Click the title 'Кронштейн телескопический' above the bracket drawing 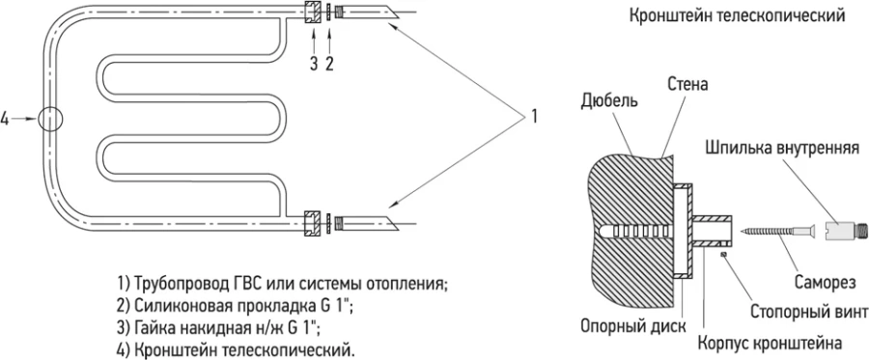[737, 16]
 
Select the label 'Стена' [687, 85]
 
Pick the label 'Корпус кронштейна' [769, 343]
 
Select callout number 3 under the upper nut [313, 64]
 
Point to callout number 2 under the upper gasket [330, 64]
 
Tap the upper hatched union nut [313, 14]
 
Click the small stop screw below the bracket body [723, 256]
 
